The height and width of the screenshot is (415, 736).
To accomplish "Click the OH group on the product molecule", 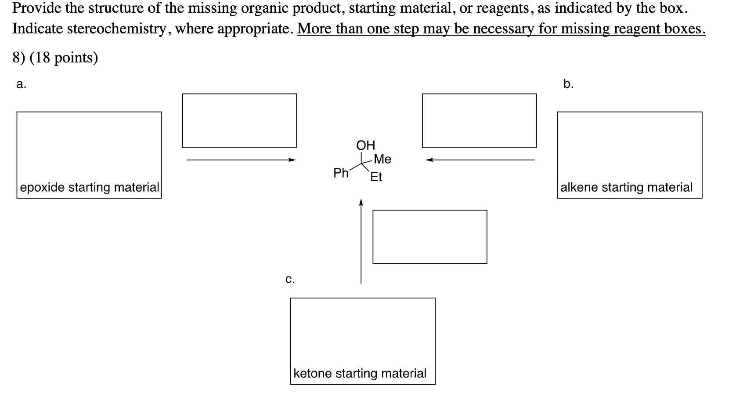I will click(365, 145).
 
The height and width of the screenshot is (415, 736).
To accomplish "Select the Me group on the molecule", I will click(382, 159).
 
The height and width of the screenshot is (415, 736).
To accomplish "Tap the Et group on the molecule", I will click(376, 177).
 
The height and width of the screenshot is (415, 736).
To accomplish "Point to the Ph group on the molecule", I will click(341, 173).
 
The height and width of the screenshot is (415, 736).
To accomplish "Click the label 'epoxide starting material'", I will click(90, 187).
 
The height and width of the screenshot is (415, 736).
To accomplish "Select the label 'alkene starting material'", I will click(626, 187).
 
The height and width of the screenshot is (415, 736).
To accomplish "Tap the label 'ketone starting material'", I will click(360, 373).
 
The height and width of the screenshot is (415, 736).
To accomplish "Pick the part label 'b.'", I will click(568, 84).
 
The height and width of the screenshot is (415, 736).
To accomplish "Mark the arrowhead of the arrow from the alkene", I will click(429, 160).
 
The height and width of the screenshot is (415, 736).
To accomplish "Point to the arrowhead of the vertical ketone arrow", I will click(361, 202).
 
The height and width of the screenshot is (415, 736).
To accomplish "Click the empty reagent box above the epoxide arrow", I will click(239, 120).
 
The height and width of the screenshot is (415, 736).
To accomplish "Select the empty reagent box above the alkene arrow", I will click(479, 120).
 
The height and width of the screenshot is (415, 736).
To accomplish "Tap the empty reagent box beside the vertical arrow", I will click(429, 237).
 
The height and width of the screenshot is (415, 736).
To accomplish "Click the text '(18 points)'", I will click(64, 58).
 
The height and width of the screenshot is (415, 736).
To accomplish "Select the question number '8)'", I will click(19, 58).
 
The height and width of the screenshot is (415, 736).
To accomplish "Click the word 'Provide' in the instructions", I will click(36, 8).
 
